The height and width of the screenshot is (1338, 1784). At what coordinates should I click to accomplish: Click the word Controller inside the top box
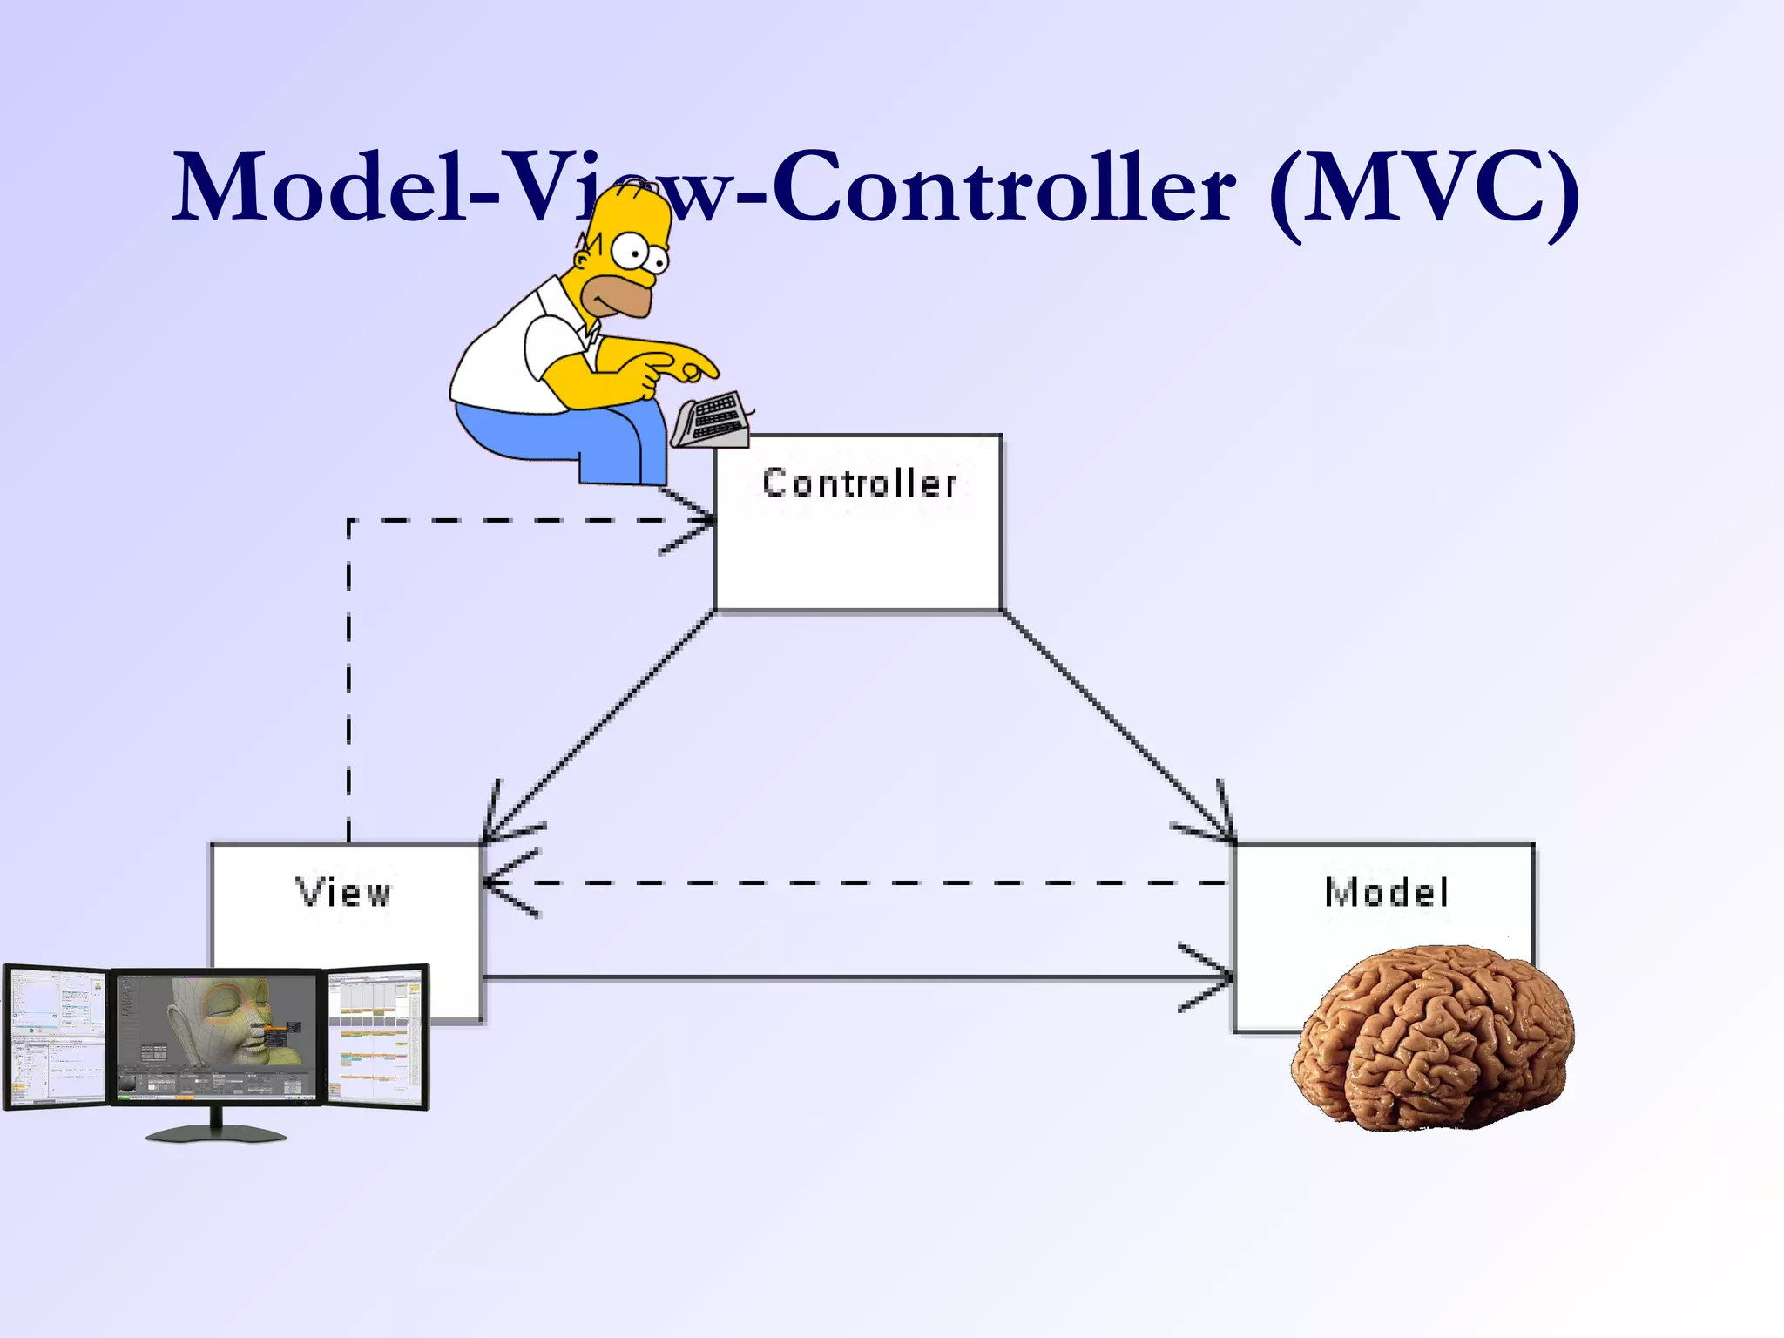(x=859, y=483)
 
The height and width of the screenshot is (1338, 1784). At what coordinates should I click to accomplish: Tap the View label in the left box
(x=344, y=893)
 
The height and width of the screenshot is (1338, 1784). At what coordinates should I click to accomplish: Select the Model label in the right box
(x=1386, y=893)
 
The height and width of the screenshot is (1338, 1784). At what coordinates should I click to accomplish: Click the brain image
(x=1433, y=1037)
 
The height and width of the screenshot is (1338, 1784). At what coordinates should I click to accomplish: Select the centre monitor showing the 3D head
(x=216, y=1037)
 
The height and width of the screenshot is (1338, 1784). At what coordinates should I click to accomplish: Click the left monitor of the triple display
(x=54, y=1037)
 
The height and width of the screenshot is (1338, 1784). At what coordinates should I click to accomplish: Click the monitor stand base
(x=215, y=1133)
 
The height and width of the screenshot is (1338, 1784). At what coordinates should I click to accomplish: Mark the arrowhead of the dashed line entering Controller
(x=697, y=521)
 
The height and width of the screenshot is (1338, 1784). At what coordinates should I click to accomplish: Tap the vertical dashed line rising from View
(x=349, y=679)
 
